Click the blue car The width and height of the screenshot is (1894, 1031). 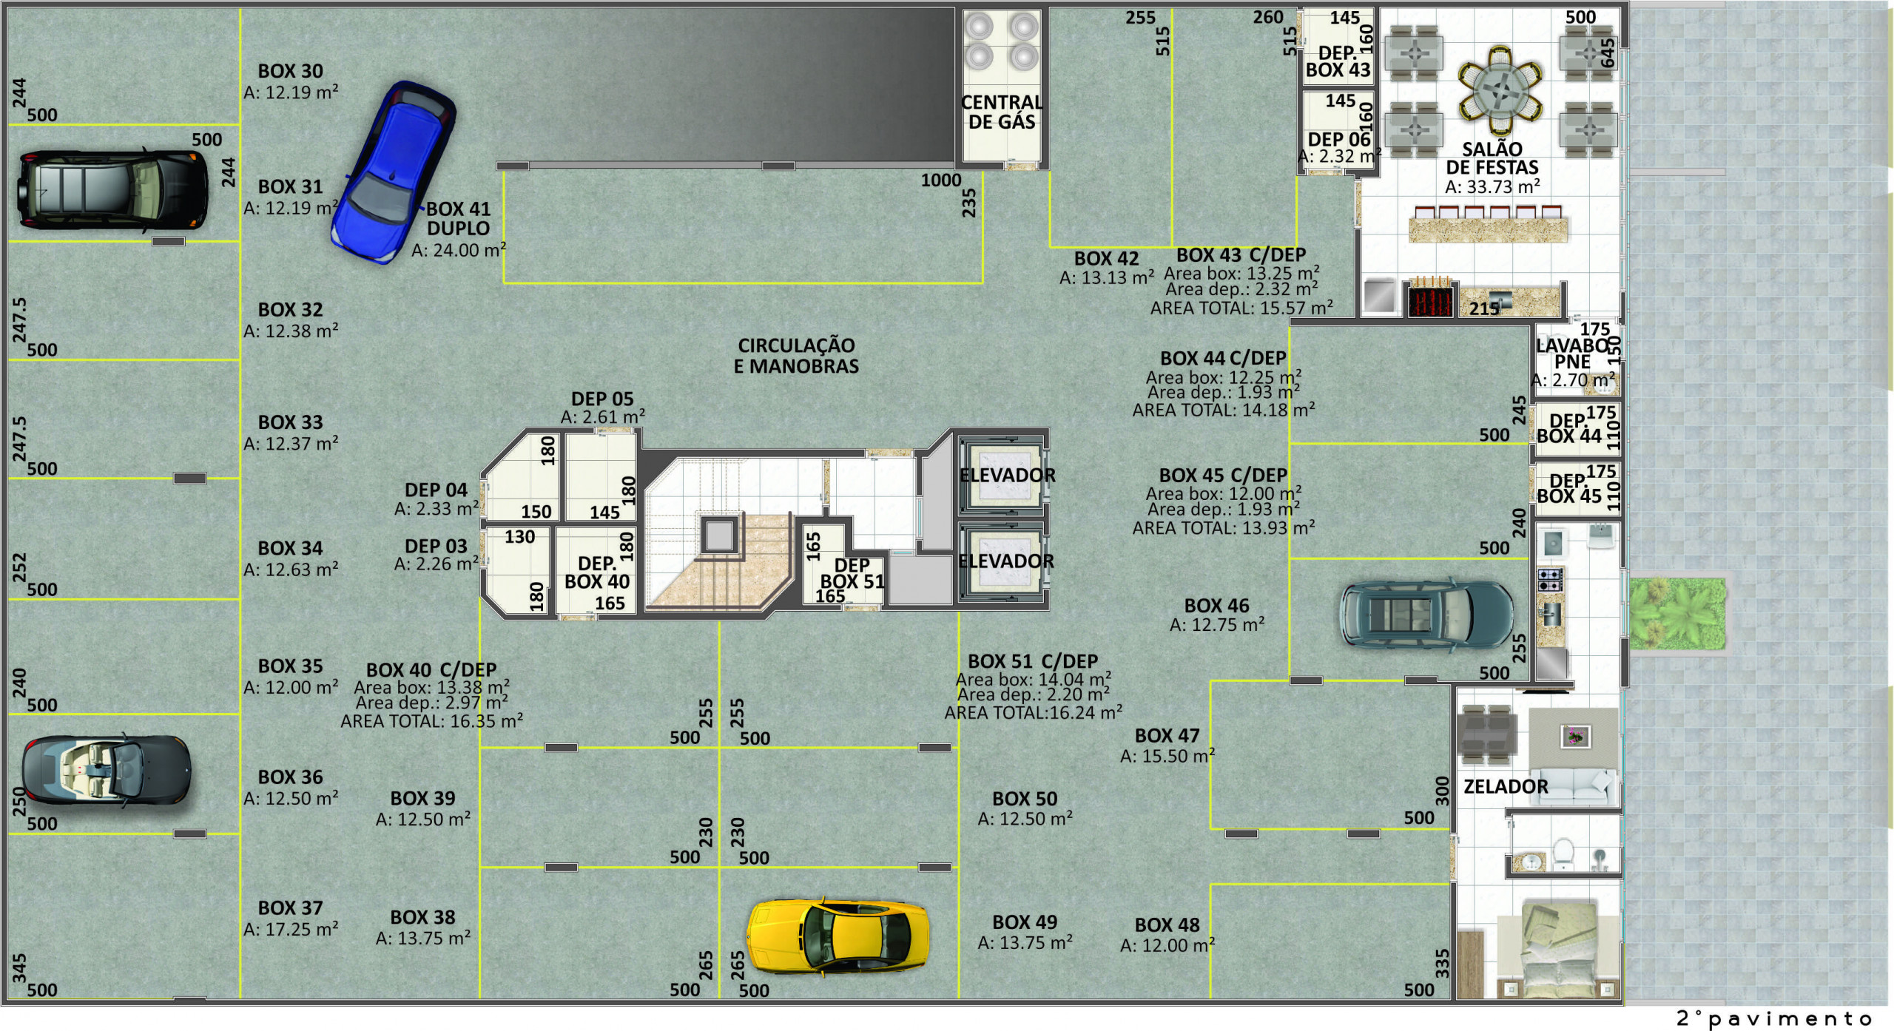(x=393, y=172)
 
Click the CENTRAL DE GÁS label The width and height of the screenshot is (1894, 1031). (x=1002, y=112)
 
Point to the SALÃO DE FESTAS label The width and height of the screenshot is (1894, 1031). (x=1492, y=158)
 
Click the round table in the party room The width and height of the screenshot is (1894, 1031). (x=1500, y=92)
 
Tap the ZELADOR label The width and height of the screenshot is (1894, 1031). (x=1506, y=786)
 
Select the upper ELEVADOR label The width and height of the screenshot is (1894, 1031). (x=1007, y=476)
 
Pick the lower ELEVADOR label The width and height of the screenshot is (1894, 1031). (x=1006, y=561)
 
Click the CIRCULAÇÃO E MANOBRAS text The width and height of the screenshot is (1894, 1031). (x=796, y=356)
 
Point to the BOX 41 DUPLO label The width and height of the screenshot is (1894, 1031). (x=459, y=218)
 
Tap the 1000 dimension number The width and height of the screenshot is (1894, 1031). (x=941, y=180)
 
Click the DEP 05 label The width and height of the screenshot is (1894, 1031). (x=602, y=399)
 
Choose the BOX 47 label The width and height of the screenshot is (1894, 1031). (x=1167, y=736)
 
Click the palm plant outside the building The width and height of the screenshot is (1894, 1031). (x=1677, y=613)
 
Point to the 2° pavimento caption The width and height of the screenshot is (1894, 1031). (x=1774, y=1018)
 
